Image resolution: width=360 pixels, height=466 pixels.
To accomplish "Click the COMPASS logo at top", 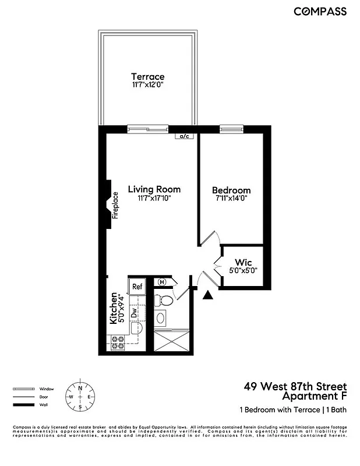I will tap(320, 11).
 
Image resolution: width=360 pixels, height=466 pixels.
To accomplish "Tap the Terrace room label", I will tap(147, 76).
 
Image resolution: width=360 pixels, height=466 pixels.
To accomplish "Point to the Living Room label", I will tap(154, 189).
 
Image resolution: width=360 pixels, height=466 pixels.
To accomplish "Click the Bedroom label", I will tap(231, 190).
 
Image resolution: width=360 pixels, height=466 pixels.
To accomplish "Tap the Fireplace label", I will tap(115, 205).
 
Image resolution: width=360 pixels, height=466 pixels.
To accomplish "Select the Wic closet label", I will tap(242, 262).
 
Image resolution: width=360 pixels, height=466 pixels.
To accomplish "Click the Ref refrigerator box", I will tap(137, 286).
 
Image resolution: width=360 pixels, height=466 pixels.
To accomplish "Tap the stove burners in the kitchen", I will tap(118, 343).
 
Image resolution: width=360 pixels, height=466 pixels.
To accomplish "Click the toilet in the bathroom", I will tap(164, 301).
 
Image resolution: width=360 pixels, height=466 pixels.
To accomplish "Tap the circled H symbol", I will tap(162, 283).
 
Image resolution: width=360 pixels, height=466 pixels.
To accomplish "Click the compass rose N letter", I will tap(80, 386).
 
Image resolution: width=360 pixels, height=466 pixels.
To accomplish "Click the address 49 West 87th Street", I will tap(295, 387).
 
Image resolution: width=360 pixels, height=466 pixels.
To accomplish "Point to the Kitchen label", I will tap(114, 308).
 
